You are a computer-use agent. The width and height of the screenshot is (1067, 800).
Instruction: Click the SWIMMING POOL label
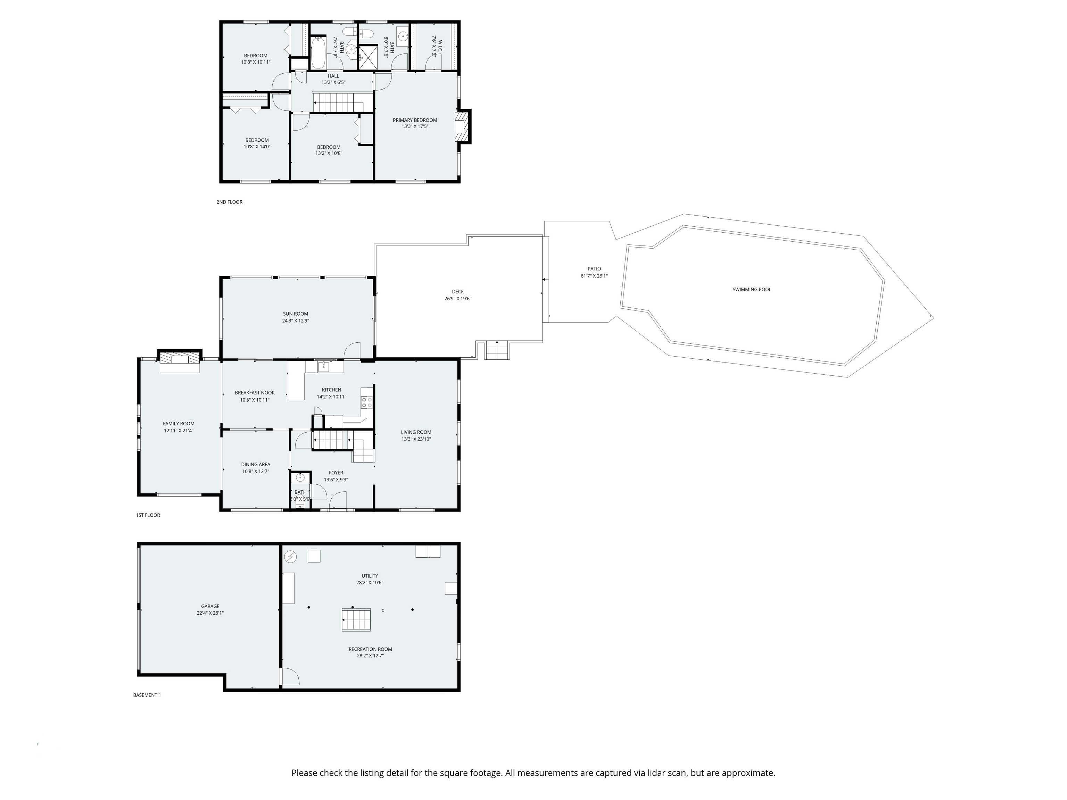point(752,290)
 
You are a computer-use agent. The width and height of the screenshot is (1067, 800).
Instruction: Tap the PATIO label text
point(594,269)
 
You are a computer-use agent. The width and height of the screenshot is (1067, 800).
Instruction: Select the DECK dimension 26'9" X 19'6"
point(458,299)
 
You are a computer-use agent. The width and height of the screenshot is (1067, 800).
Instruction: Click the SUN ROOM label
point(295,314)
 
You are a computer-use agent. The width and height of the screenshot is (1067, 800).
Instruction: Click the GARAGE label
point(210,607)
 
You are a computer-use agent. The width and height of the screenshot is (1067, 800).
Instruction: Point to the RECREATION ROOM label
point(371,649)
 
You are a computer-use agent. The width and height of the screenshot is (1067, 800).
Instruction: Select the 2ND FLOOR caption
point(230,202)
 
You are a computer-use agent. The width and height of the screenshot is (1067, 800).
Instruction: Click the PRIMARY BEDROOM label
point(415,120)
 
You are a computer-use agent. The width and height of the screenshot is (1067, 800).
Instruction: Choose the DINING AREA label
point(256,464)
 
